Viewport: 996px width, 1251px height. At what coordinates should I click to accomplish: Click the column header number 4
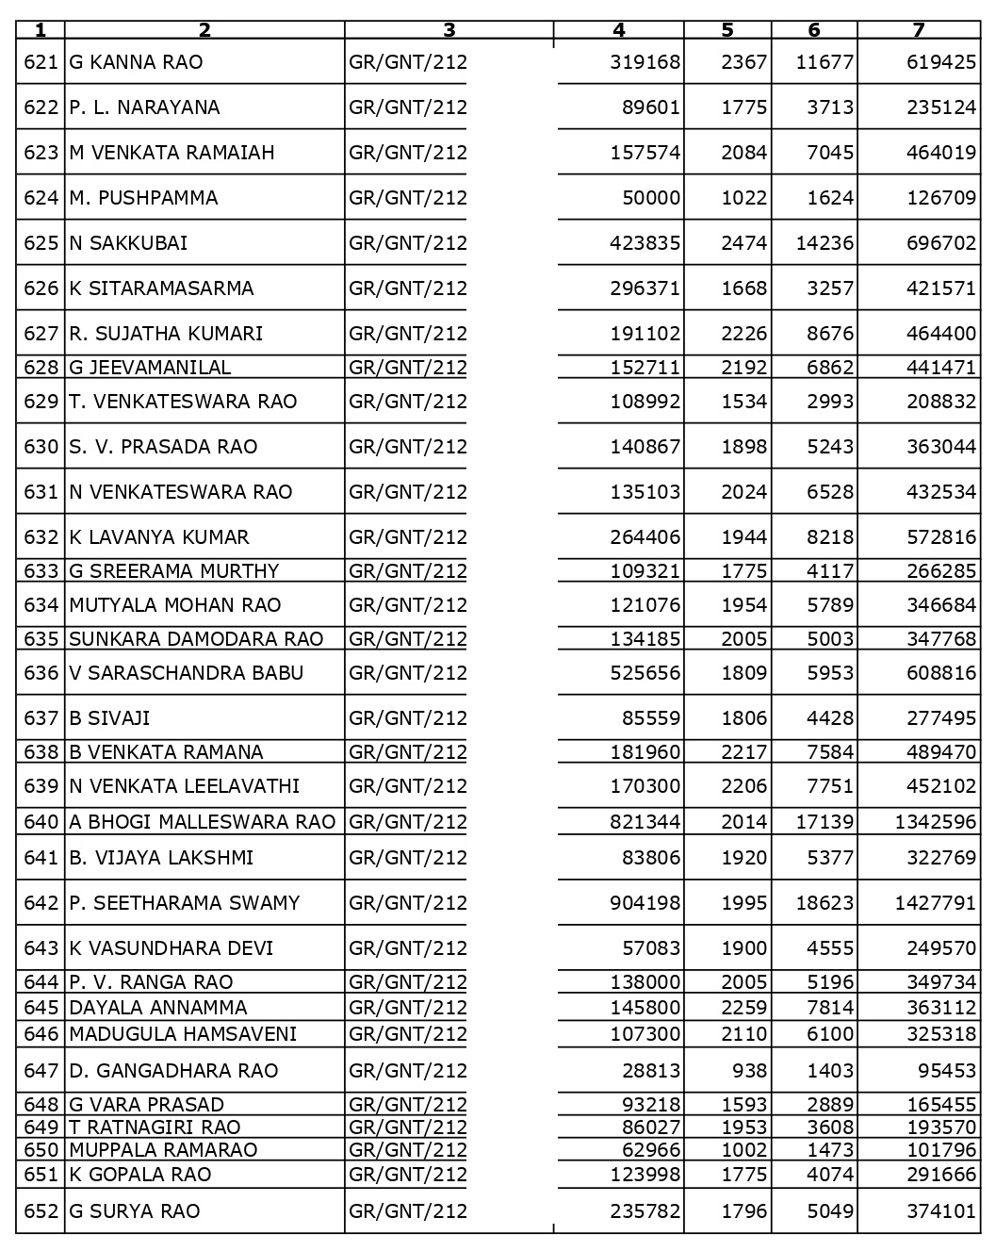[619, 30]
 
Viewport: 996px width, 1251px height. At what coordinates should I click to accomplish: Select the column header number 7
[919, 30]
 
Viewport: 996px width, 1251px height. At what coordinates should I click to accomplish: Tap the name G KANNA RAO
[136, 62]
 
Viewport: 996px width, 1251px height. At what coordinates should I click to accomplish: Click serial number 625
[41, 243]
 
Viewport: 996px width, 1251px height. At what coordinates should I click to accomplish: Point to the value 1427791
[935, 903]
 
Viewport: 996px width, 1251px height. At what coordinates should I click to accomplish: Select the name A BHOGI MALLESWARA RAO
[202, 822]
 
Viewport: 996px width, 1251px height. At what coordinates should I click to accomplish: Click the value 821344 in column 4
[645, 822]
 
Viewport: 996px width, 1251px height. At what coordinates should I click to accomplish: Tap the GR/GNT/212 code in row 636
[407, 673]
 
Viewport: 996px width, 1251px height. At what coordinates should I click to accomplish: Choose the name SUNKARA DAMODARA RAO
[196, 639]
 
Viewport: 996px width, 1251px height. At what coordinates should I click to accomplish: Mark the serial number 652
[41, 1211]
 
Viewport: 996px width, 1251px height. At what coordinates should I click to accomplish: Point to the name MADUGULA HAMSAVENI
[183, 1034]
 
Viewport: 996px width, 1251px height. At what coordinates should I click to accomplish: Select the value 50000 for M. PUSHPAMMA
[651, 198]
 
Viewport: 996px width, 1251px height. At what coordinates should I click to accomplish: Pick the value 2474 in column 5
[744, 243]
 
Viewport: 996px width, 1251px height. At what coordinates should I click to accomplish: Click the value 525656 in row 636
[645, 673]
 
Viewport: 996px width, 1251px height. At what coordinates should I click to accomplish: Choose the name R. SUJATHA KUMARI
[166, 334]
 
